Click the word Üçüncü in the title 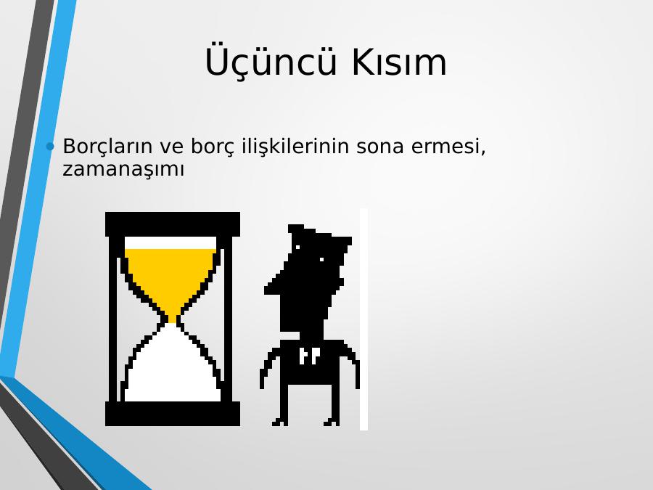coord(271,61)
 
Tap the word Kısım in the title coord(399,62)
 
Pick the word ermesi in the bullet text coord(445,147)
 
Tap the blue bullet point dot coord(50,146)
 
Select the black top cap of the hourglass coord(173,224)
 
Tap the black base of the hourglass coord(173,413)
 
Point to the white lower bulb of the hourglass coord(173,367)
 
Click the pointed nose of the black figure coord(269,288)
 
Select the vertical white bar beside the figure coord(364,319)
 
